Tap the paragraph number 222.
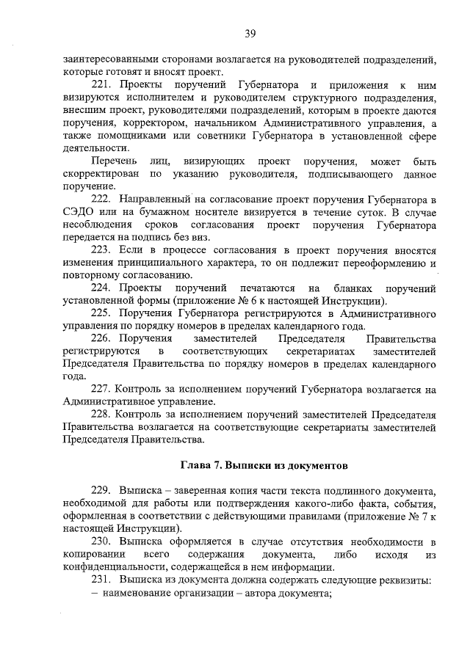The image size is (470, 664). (101, 199)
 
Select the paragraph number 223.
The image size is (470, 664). (101, 249)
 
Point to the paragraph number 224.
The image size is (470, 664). (101, 288)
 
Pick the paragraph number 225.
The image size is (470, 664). (101, 313)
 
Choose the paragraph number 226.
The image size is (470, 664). (101, 339)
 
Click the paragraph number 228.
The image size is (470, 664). (101, 415)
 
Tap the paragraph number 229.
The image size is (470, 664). (101, 490)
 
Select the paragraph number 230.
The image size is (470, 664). (101, 541)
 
